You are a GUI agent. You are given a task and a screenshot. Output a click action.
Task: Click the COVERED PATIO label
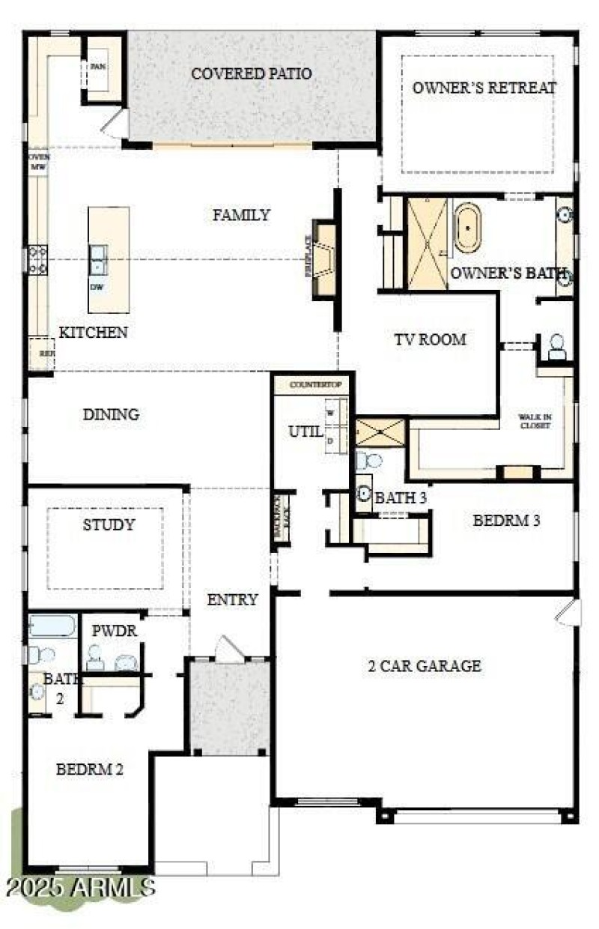(251, 73)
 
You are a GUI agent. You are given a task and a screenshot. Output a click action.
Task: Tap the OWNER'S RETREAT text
(484, 88)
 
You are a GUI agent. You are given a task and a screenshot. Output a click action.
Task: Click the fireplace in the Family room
(324, 259)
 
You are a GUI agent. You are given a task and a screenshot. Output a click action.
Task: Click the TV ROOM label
(430, 339)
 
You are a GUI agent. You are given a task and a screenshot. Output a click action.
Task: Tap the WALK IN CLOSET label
(535, 421)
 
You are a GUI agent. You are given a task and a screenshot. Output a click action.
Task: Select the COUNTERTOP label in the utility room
(310, 384)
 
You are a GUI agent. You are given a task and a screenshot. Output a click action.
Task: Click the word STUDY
(109, 524)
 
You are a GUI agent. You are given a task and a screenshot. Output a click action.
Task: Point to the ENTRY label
(233, 599)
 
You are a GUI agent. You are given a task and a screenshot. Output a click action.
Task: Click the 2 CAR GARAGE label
(424, 665)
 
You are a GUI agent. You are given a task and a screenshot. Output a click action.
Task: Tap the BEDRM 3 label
(507, 520)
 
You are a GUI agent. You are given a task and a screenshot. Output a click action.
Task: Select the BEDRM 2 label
(91, 769)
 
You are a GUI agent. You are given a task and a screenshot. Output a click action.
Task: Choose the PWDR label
(114, 631)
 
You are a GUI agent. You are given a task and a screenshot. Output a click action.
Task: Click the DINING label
(111, 414)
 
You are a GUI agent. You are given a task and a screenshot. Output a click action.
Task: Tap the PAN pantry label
(98, 66)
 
